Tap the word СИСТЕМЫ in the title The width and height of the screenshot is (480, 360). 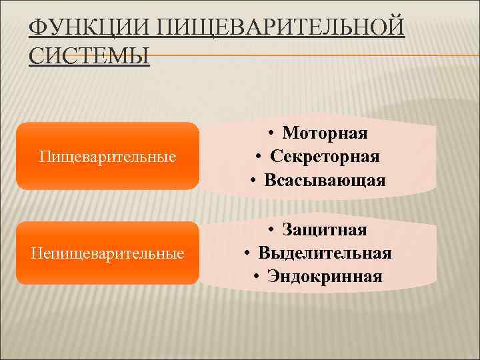pyautogui.click(x=90, y=55)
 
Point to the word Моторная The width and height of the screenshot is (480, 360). pyautogui.click(x=324, y=133)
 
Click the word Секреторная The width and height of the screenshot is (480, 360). pyautogui.click(x=325, y=157)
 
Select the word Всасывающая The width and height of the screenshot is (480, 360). pyautogui.click(x=325, y=180)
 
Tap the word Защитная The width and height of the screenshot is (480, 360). pyautogui.click(x=324, y=230)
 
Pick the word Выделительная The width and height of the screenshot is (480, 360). pyautogui.click(x=325, y=253)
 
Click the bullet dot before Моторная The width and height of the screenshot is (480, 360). pyautogui.click(x=273, y=133)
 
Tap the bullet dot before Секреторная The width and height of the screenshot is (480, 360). pyautogui.click(x=263, y=157)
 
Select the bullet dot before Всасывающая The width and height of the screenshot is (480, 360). pyautogui.click(x=255, y=180)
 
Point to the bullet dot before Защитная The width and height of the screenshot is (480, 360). pyautogui.click(x=273, y=230)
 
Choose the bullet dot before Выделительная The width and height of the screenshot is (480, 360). pyautogui.click(x=249, y=253)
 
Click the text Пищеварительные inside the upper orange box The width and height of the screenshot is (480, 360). pyautogui.click(x=107, y=157)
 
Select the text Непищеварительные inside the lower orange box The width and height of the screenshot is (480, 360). pyautogui.click(x=107, y=254)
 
